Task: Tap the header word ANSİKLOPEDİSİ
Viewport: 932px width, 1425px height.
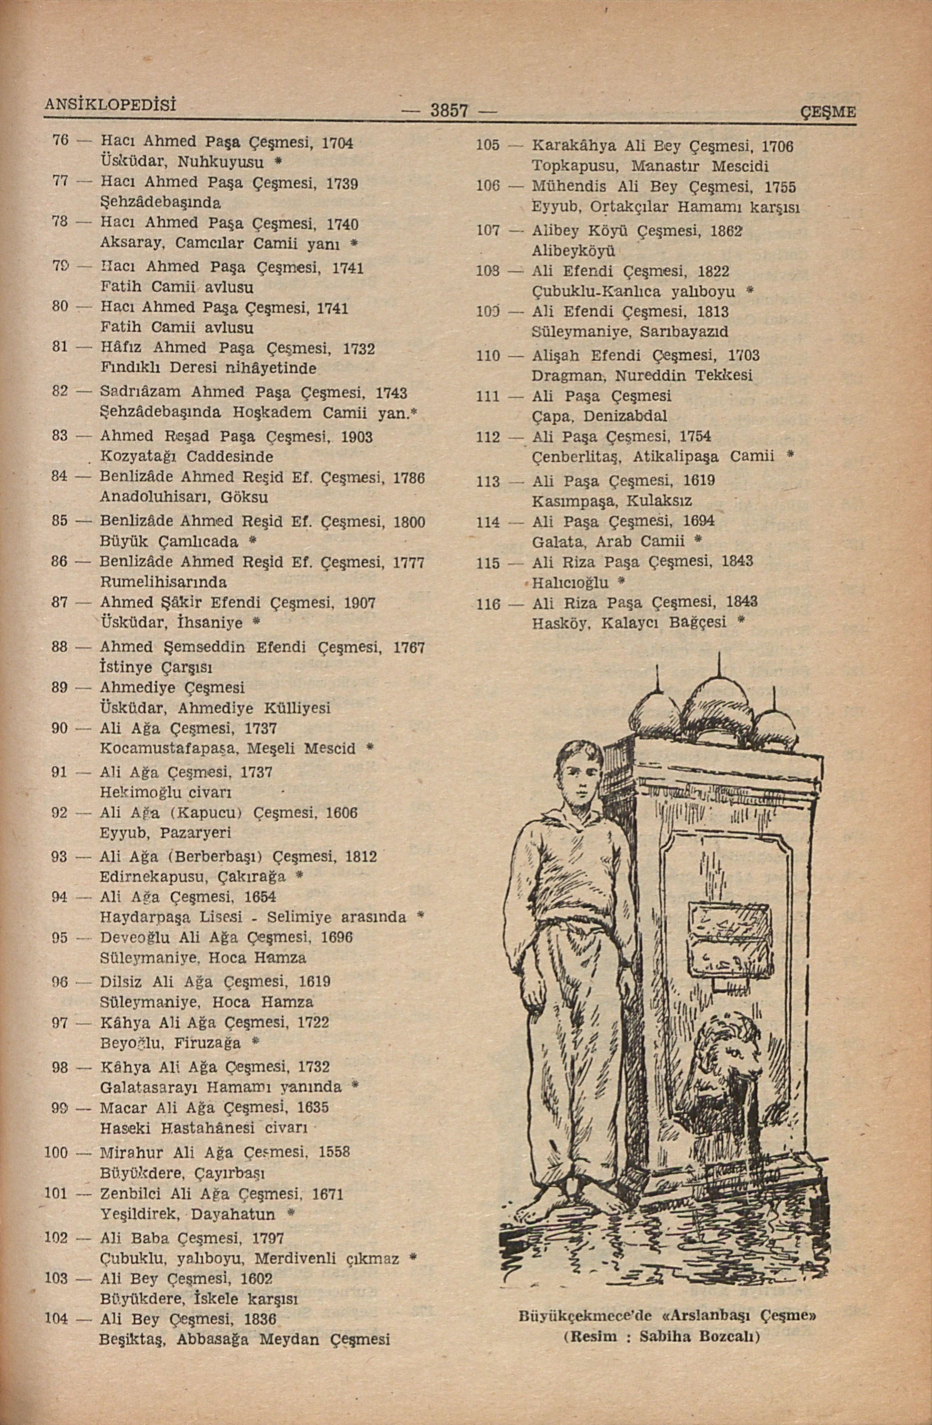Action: [110, 103]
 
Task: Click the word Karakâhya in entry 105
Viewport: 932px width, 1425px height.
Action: [574, 145]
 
